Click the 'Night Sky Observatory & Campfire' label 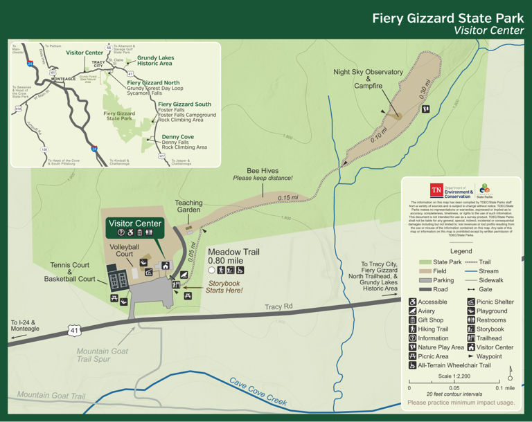368,79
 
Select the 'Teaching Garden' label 188,207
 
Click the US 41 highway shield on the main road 74,331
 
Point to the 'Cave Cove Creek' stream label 258,392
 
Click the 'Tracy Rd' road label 279,307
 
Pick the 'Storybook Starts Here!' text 224,286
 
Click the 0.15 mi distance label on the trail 288,198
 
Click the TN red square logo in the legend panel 436,190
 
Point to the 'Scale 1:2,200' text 454,376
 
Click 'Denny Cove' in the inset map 177,137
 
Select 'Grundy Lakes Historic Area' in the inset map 154,61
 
